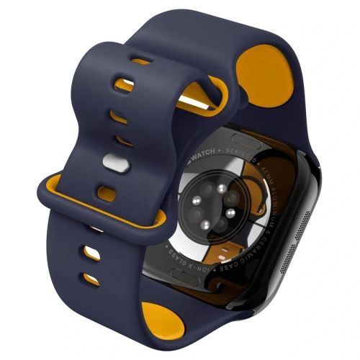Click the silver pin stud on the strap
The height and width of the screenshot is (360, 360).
point(112,163)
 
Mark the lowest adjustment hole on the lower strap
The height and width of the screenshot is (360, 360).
point(91,277)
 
